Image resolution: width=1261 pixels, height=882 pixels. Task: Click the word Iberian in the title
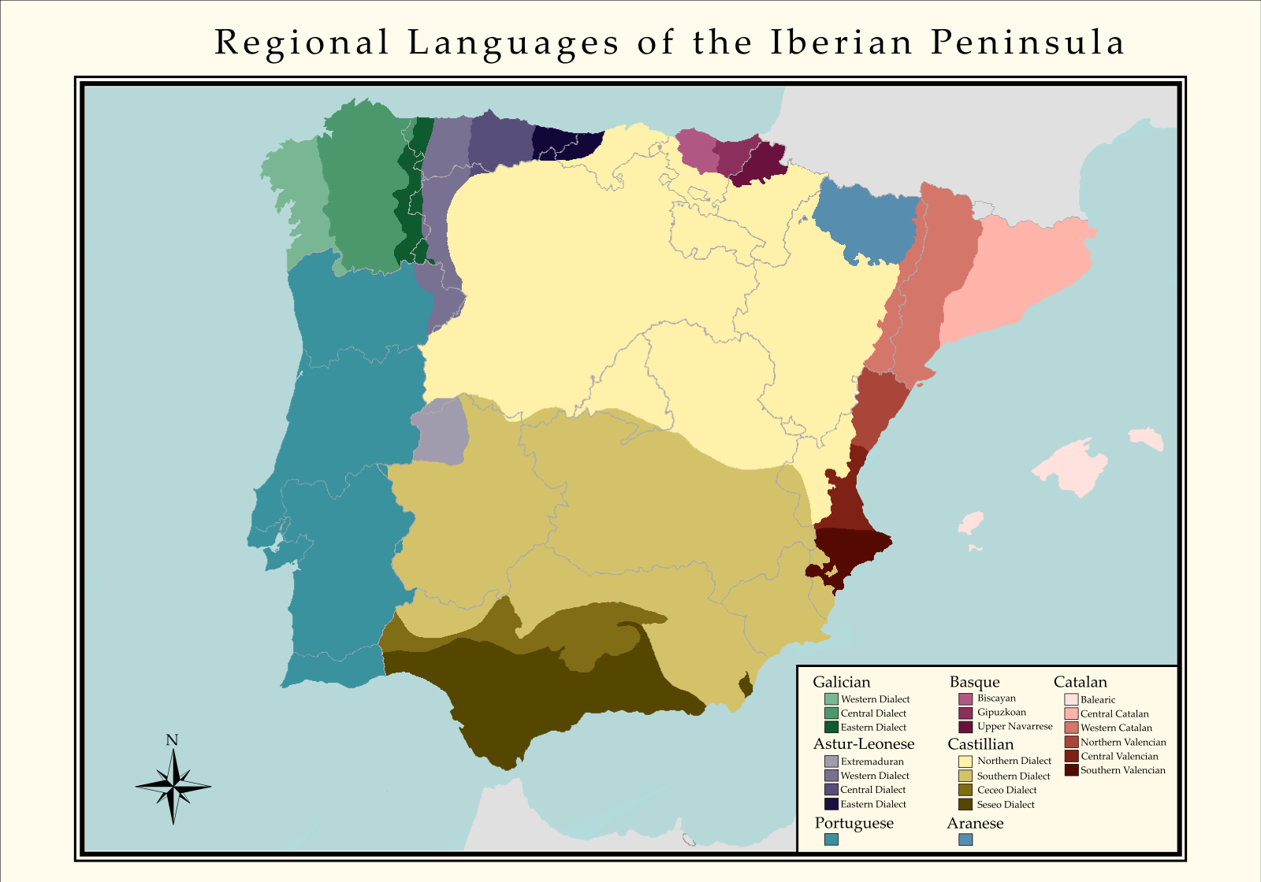pos(841,43)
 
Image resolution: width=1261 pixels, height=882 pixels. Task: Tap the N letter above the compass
pos(172,740)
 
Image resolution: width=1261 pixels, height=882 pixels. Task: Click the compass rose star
pos(173,785)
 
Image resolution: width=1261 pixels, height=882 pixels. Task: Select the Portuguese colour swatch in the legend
pos(831,839)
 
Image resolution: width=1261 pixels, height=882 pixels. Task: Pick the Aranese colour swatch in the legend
pos(965,839)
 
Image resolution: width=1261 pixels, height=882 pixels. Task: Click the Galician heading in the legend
pos(841,682)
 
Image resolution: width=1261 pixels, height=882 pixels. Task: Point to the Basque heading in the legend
pos(974,682)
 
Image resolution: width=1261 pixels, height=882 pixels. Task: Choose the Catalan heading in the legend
pos(1080,682)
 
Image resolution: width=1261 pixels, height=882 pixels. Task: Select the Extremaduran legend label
pos(872,762)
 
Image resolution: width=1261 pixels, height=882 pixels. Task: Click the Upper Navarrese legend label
pos(1014,726)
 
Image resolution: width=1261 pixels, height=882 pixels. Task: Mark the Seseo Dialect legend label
pos(1006,805)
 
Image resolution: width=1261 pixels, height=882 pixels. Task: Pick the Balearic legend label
pos(1098,699)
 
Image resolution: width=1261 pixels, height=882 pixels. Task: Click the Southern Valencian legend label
pos(1122,770)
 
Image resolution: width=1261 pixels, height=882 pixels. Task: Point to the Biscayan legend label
pos(996,699)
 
